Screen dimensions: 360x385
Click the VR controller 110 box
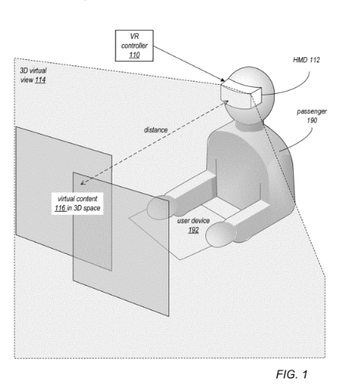coord(135,45)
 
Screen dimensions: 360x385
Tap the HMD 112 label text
coord(306,60)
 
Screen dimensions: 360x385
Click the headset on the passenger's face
coord(241,93)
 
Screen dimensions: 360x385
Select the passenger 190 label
coord(312,115)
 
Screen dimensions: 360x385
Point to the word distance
coord(155,130)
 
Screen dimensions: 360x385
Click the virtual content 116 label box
coord(78,203)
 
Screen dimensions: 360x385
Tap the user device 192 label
coord(193,225)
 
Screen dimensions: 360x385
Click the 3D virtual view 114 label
coord(33,75)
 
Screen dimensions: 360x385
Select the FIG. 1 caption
coord(292,374)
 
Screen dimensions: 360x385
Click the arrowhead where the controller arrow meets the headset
coord(222,80)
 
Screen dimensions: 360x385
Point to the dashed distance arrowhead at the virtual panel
coord(82,182)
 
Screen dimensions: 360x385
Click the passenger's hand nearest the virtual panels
coord(159,207)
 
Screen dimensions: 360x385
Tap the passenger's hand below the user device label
coord(221,234)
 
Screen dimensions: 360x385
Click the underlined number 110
coord(135,55)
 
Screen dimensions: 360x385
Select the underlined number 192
coord(194,230)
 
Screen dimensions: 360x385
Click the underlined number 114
coord(40,80)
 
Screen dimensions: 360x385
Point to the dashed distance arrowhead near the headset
coord(225,102)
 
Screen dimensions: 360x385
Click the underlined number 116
coord(60,208)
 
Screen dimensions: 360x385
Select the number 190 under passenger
coord(312,120)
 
